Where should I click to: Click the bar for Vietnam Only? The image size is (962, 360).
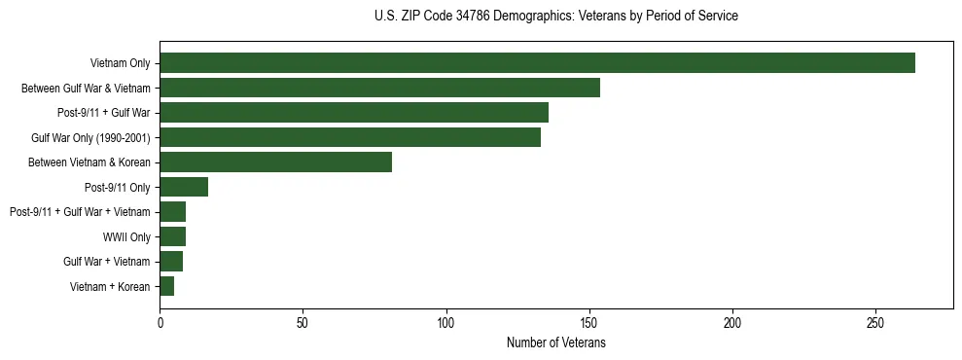[x=537, y=63]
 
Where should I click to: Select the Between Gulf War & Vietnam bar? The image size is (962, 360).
[x=379, y=88]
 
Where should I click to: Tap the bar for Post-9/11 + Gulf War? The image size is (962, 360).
[x=354, y=113]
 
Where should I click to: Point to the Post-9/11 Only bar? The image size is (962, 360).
[x=184, y=187]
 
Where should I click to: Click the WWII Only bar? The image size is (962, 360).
[x=172, y=236]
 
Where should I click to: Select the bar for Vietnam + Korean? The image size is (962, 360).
[x=166, y=286]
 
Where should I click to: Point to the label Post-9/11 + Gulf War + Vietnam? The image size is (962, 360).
[x=80, y=212]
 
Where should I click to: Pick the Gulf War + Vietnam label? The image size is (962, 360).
[x=107, y=262]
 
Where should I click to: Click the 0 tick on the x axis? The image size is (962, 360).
[x=160, y=322]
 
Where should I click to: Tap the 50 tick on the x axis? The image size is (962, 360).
[x=303, y=322]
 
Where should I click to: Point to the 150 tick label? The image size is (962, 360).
[x=589, y=322]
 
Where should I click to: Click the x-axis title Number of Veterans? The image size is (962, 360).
[x=555, y=342]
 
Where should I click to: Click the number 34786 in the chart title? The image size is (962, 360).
[x=473, y=17]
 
